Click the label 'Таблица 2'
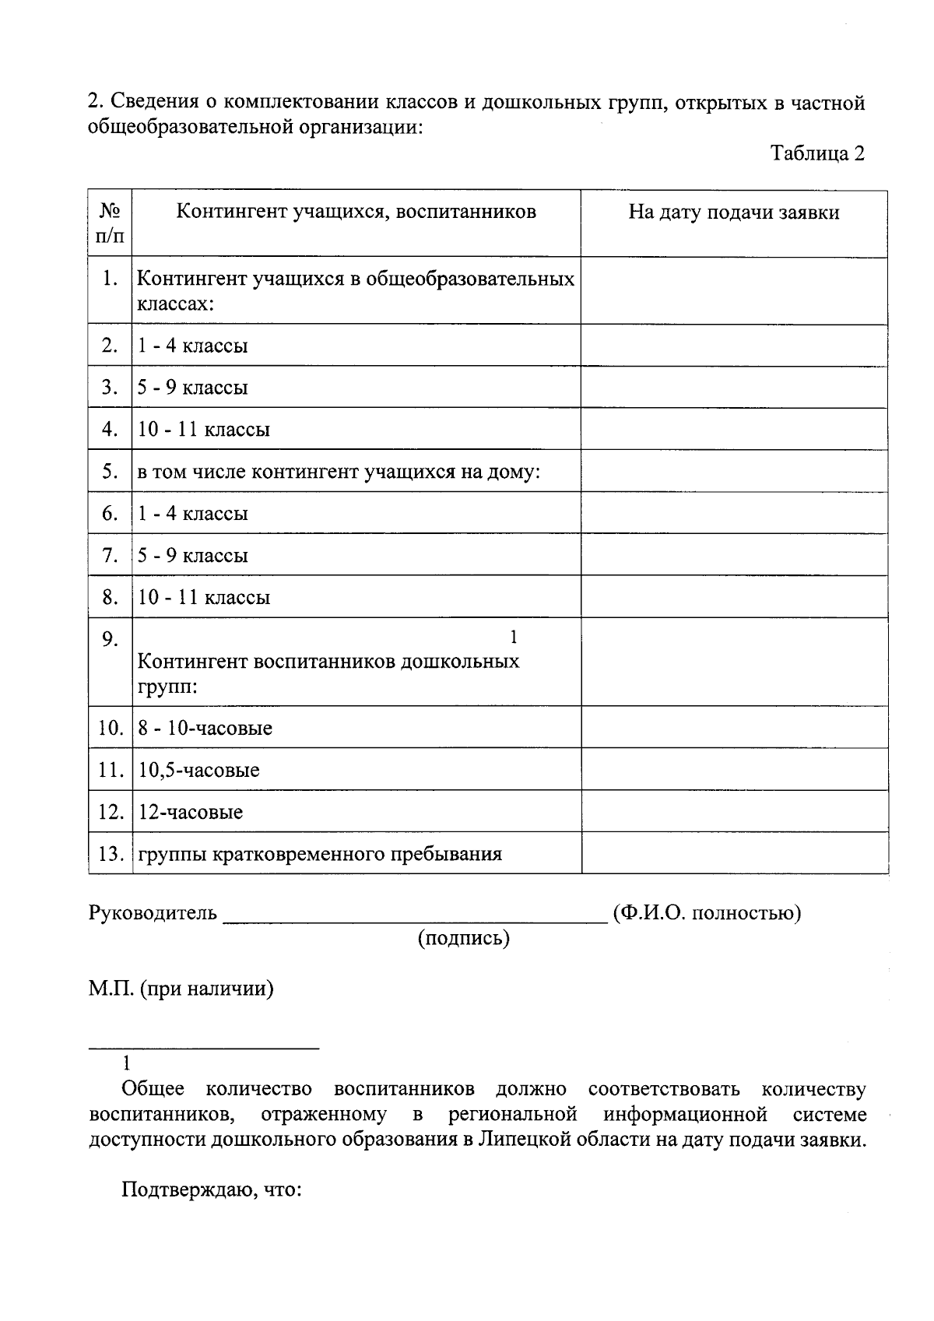[817, 153]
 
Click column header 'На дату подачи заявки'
[733, 213]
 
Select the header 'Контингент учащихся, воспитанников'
[356, 212]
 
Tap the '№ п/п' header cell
[110, 223]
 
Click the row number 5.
[110, 472]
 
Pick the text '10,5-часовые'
[198, 771]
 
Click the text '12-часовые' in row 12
[190, 813]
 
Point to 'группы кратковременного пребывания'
[319, 855]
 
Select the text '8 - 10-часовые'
[205, 729]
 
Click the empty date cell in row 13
[733, 853]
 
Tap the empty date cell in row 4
[733, 429]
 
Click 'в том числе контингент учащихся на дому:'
[339, 472]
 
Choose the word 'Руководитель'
[153, 913]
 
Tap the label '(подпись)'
[463, 939]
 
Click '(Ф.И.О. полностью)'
[707, 913]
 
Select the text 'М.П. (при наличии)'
[181, 989]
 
